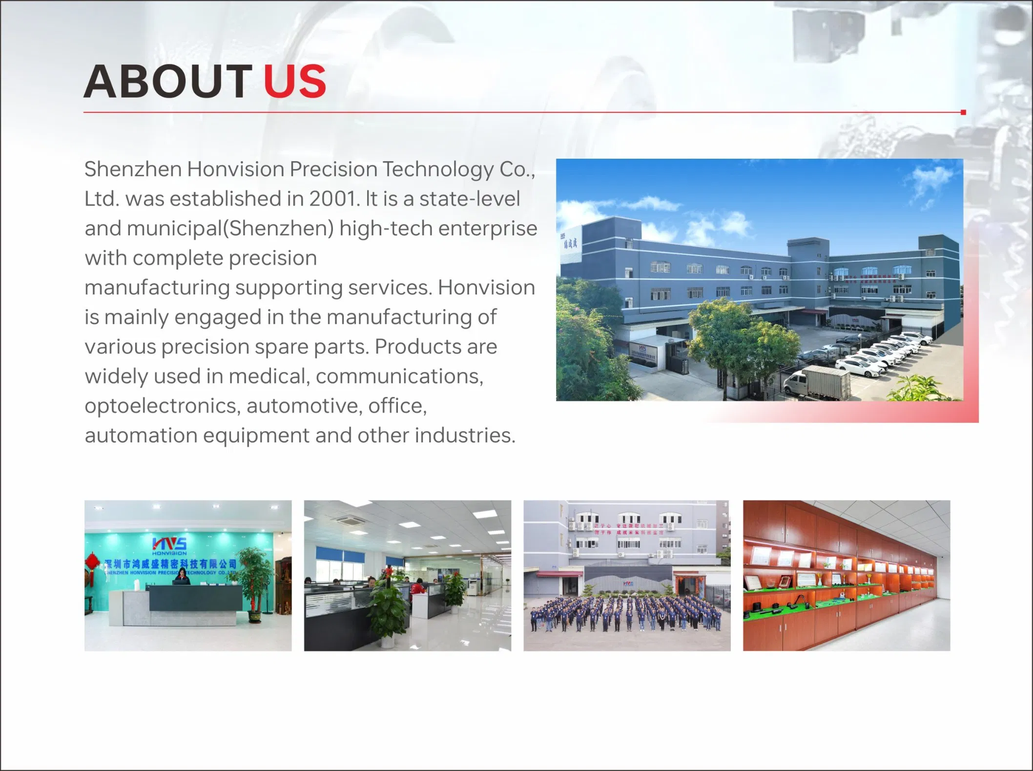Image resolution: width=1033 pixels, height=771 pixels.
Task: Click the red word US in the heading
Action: pos(295,81)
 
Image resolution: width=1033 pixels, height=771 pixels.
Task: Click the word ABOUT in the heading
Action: pos(167,81)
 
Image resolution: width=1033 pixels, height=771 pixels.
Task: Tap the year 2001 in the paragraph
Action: pos(331,199)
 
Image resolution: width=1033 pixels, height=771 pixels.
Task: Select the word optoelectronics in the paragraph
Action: pos(162,406)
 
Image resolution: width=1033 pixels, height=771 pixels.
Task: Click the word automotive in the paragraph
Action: pos(304,406)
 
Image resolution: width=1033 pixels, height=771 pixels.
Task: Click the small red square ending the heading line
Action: pos(963,112)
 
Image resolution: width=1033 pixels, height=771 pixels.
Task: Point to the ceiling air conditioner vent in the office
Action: pos(350,521)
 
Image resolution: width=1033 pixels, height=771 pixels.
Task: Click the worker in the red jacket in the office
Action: pos(417,587)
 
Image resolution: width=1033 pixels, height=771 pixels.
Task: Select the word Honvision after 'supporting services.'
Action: pos(486,288)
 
